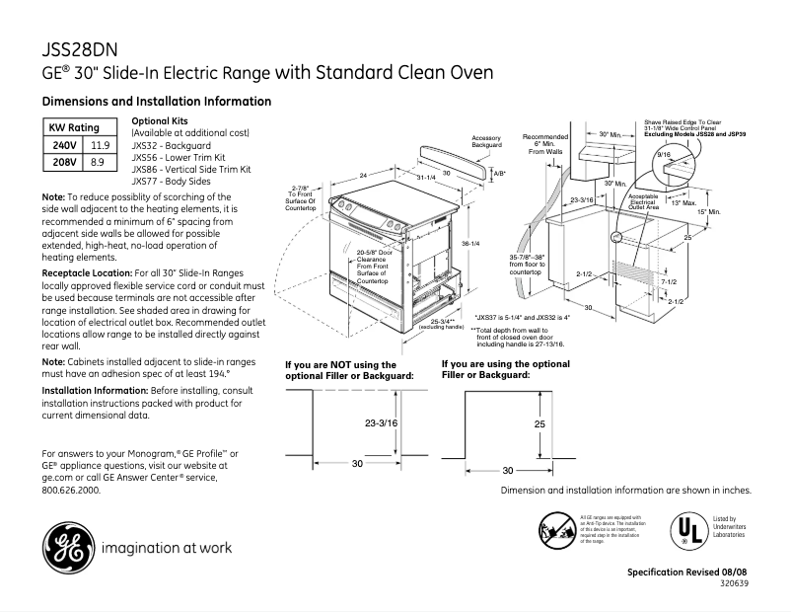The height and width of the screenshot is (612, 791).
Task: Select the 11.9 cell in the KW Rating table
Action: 99,144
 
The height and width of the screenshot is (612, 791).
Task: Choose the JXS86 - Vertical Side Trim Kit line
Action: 191,169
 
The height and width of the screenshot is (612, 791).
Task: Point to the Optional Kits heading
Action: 159,120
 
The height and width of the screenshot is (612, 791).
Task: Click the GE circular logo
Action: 64,547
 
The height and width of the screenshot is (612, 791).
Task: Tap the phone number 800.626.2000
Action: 71,490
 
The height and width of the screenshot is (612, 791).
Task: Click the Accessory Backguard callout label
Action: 487,142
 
